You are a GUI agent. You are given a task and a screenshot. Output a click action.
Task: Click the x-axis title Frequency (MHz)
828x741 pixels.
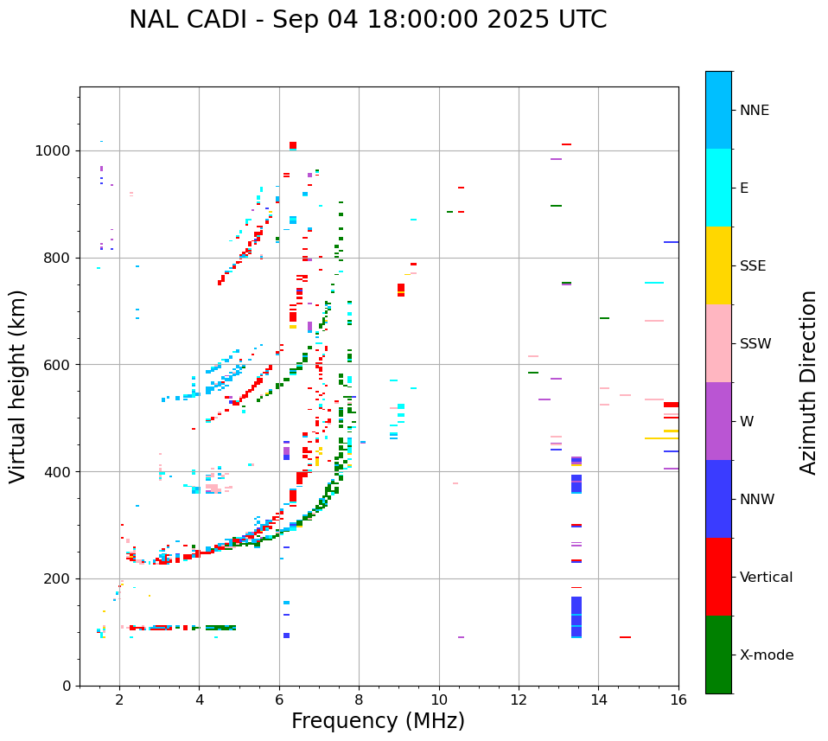point(378,721)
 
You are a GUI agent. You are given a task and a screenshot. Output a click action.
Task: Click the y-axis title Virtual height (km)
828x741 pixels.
point(18,386)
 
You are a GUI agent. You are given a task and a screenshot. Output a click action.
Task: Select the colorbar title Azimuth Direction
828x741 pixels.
point(808,382)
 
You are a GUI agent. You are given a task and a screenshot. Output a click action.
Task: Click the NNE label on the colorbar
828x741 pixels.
point(754,111)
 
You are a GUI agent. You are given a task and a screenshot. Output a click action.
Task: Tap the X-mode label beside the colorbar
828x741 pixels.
point(766,655)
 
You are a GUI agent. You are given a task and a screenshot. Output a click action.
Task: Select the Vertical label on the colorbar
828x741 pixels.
point(766,578)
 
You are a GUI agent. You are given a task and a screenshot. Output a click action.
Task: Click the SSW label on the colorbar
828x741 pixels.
point(755,344)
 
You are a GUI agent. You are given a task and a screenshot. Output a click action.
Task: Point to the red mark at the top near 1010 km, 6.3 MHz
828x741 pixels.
point(293,145)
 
